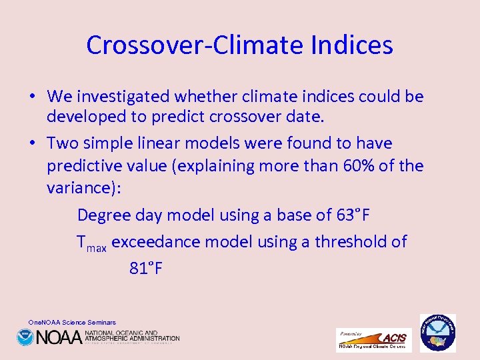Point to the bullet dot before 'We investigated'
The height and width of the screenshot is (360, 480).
(32, 97)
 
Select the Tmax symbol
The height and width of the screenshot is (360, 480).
(91, 243)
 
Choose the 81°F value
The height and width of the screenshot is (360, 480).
(146, 268)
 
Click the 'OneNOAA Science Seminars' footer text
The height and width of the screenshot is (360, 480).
(72, 322)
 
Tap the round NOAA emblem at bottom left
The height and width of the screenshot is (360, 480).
(25, 337)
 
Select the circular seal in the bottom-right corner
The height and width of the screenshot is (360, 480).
(437, 333)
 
